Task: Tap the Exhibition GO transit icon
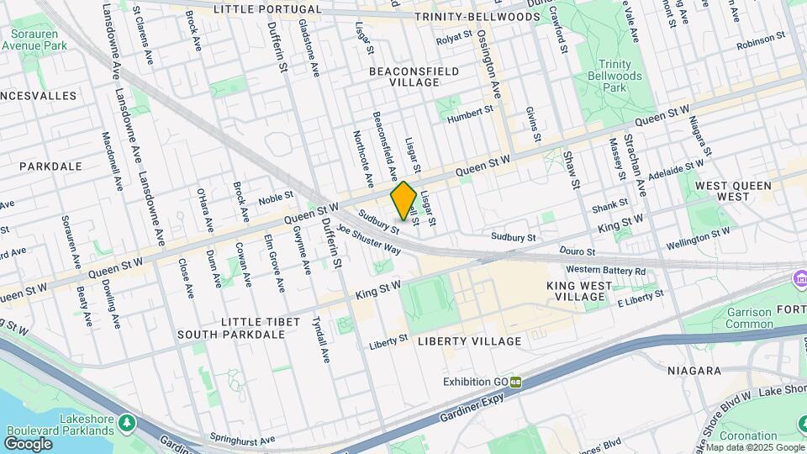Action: [515, 383]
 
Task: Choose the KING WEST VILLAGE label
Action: [587, 292]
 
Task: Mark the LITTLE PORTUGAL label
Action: [267, 9]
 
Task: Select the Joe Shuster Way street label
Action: [367, 238]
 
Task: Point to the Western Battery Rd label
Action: [605, 270]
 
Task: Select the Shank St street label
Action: [609, 204]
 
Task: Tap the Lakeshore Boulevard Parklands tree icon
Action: [126, 421]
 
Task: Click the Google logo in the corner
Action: [28, 444]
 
